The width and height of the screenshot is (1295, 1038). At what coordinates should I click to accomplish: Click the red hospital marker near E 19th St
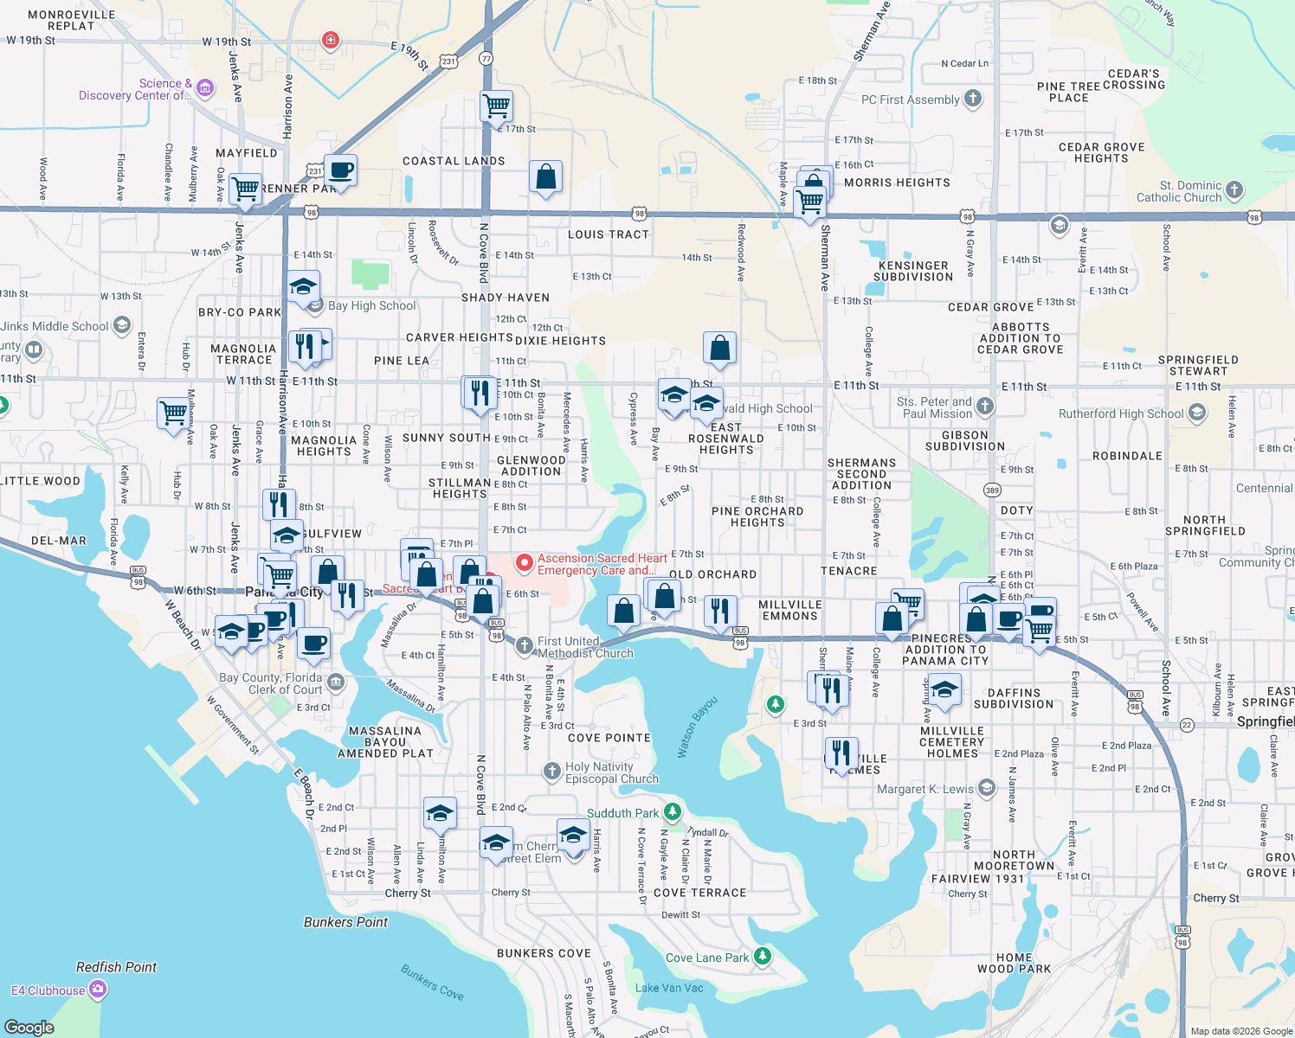pyautogui.click(x=330, y=40)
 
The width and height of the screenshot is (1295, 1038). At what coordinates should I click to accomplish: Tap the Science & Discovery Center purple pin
pyautogui.click(x=205, y=87)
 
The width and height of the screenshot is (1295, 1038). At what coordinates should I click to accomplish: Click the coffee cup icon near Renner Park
pyautogui.click(x=340, y=170)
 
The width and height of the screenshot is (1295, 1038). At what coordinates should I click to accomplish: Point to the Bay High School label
pyautogui.click(x=371, y=305)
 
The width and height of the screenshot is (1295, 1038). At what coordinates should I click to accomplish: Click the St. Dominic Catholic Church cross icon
pyautogui.click(x=1234, y=189)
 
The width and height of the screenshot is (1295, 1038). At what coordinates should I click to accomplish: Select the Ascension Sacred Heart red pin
pyautogui.click(x=524, y=563)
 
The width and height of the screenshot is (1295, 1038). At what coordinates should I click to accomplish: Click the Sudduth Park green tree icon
pyautogui.click(x=672, y=812)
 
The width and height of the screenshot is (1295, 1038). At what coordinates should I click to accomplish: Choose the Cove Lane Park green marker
pyautogui.click(x=762, y=956)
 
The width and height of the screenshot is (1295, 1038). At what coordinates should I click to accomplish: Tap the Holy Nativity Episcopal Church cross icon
pyautogui.click(x=551, y=771)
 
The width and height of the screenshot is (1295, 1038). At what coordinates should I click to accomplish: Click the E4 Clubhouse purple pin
pyautogui.click(x=98, y=990)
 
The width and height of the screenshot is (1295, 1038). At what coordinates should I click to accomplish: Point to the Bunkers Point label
pyautogui.click(x=345, y=922)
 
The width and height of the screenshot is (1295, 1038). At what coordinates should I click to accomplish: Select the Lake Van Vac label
pyautogui.click(x=669, y=988)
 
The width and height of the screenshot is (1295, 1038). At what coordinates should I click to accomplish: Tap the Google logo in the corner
pyautogui.click(x=29, y=1027)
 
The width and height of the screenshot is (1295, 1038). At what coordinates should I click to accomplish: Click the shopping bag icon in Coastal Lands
pyautogui.click(x=545, y=176)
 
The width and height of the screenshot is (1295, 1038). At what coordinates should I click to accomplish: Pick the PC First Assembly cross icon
pyautogui.click(x=973, y=98)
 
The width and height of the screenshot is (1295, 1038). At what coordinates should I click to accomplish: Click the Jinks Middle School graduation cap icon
pyautogui.click(x=122, y=324)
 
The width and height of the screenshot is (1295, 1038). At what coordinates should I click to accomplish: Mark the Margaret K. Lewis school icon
pyautogui.click(x=987, y=787)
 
